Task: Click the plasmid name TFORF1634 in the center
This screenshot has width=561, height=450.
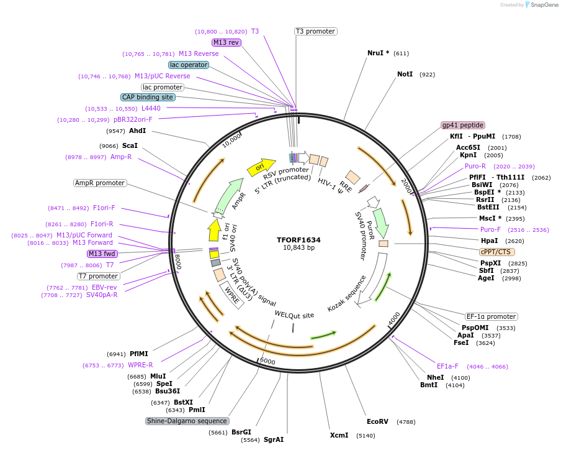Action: pyautogui.click(x=298, y=239)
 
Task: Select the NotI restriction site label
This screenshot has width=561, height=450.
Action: pyautogui.click(x=405, y=74)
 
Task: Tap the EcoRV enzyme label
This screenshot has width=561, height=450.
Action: pyautogui.click(x=377, y=421)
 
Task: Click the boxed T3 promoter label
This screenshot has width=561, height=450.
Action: pyautogui.click(x=315, y=31)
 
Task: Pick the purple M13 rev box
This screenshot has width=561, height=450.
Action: pyautogui.click(x=226, y=42)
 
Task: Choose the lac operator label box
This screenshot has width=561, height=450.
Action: pyautogui.click(x=188, y=65)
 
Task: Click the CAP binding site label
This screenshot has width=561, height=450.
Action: pyautogui.click(x=148, y=97)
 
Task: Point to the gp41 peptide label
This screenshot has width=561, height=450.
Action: pyautogui.click(x=462, y=125)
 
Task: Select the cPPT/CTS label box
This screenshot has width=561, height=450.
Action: pyautogui.click(x=496, y=252)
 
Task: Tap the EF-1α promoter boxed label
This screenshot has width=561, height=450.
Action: pyautogui.click(x=491, y=316)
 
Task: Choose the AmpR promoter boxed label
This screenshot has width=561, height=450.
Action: pyautogui.click(x=100, y=183)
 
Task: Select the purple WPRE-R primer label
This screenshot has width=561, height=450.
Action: pyautogui.click(x=140, y=365)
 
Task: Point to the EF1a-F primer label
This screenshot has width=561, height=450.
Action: pyautogui.click(x=447, y=366)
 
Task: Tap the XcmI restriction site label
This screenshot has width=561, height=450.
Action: pyautogui.click(x=339, y=435)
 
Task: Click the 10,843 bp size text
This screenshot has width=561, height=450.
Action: pyautogui.click(x=298, y=247)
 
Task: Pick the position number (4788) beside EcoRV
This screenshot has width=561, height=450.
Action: pyautogui.click(x=406, y=422)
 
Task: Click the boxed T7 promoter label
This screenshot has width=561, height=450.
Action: pyautogui.click(x=99, y=276)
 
